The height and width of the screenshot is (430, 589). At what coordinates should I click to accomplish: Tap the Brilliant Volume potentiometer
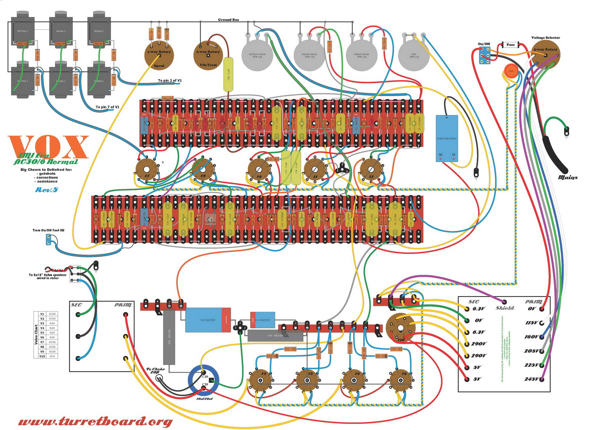[362, 55]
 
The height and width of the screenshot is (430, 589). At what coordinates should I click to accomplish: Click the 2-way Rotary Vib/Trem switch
[208, 55]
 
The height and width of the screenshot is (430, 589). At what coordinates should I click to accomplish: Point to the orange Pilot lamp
[511, 71]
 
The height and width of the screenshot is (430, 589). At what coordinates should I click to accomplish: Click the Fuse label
[510, 45]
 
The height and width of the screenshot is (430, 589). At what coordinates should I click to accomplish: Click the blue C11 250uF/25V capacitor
[262, 320]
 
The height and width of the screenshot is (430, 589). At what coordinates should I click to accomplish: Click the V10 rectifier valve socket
[401, 328]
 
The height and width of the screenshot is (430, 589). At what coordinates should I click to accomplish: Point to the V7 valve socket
[147, 170]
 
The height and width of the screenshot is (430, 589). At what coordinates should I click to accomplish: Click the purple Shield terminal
[504, 302]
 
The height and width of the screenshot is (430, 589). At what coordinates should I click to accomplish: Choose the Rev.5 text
[46, 190]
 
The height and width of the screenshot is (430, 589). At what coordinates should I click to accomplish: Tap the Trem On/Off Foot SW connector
[49, 240]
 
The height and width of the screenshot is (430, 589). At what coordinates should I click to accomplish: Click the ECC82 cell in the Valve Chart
[52, 347]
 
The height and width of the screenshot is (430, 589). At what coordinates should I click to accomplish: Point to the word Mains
[568, 177]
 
